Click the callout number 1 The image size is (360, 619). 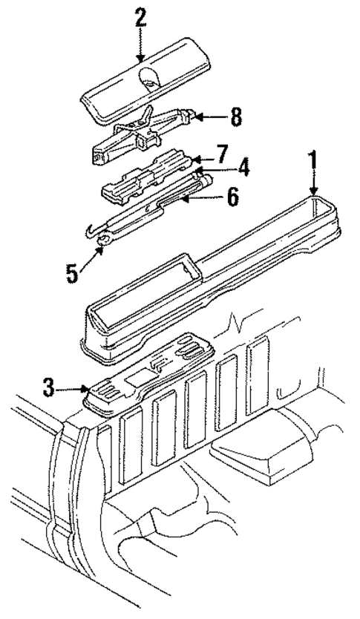click(x=314, y=160)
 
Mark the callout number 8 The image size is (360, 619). click(x=235, y=117)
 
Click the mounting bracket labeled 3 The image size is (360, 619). click(x=148, y=371)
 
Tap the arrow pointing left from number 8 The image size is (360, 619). click(x=212, y=117)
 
